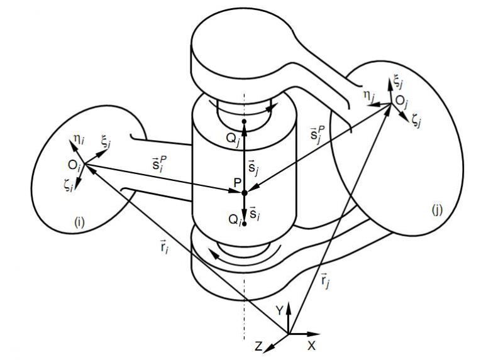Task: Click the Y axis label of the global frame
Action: coord(280,310)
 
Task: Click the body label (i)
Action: coord(81,221)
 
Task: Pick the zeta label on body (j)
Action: coord(416,121)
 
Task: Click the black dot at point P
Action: coord(245,192)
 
